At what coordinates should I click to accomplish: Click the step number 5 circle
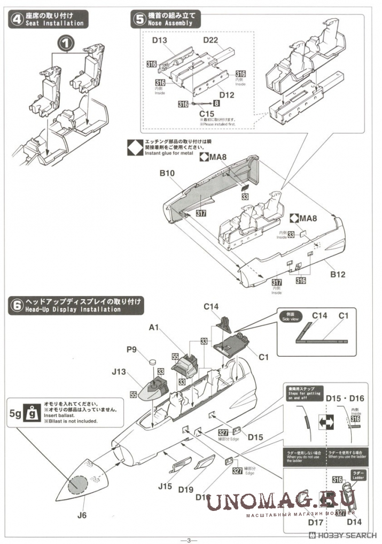point(139,19)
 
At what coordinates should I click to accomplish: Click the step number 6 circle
point(17,305)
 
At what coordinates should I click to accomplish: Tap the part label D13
point(160,41)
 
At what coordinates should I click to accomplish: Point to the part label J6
point(82,515)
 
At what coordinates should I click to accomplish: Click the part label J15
point(166,486)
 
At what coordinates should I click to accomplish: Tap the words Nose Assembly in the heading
point(166,24)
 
